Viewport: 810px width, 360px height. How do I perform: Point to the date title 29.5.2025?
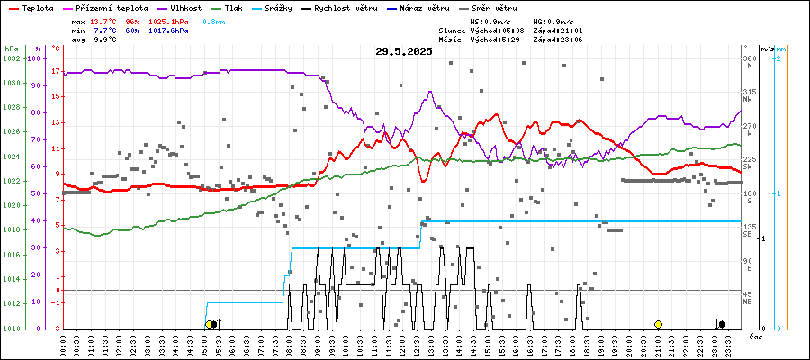coord(404,51)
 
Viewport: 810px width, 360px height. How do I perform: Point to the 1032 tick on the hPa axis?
coord(12,58)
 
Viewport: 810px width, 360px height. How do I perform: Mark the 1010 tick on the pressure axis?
coord(12,328)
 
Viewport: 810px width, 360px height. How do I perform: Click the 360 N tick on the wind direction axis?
coord(748,59)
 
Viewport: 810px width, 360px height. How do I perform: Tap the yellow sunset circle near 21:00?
coord(658,324)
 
